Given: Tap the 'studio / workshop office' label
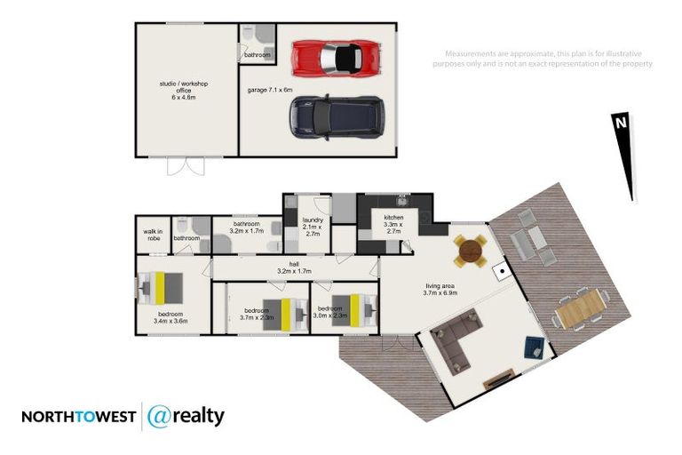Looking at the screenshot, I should pos(184,90).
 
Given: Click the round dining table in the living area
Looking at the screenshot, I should pos(470,251).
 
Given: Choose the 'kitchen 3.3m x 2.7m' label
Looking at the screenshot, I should pos(393,225).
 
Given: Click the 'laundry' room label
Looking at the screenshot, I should pos(312,225).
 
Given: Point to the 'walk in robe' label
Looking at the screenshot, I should pos(153,235).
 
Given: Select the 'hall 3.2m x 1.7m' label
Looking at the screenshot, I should pos(294,267).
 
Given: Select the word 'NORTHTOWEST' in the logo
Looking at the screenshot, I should pos(78,417).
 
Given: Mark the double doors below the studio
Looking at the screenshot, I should pos(188,166).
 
